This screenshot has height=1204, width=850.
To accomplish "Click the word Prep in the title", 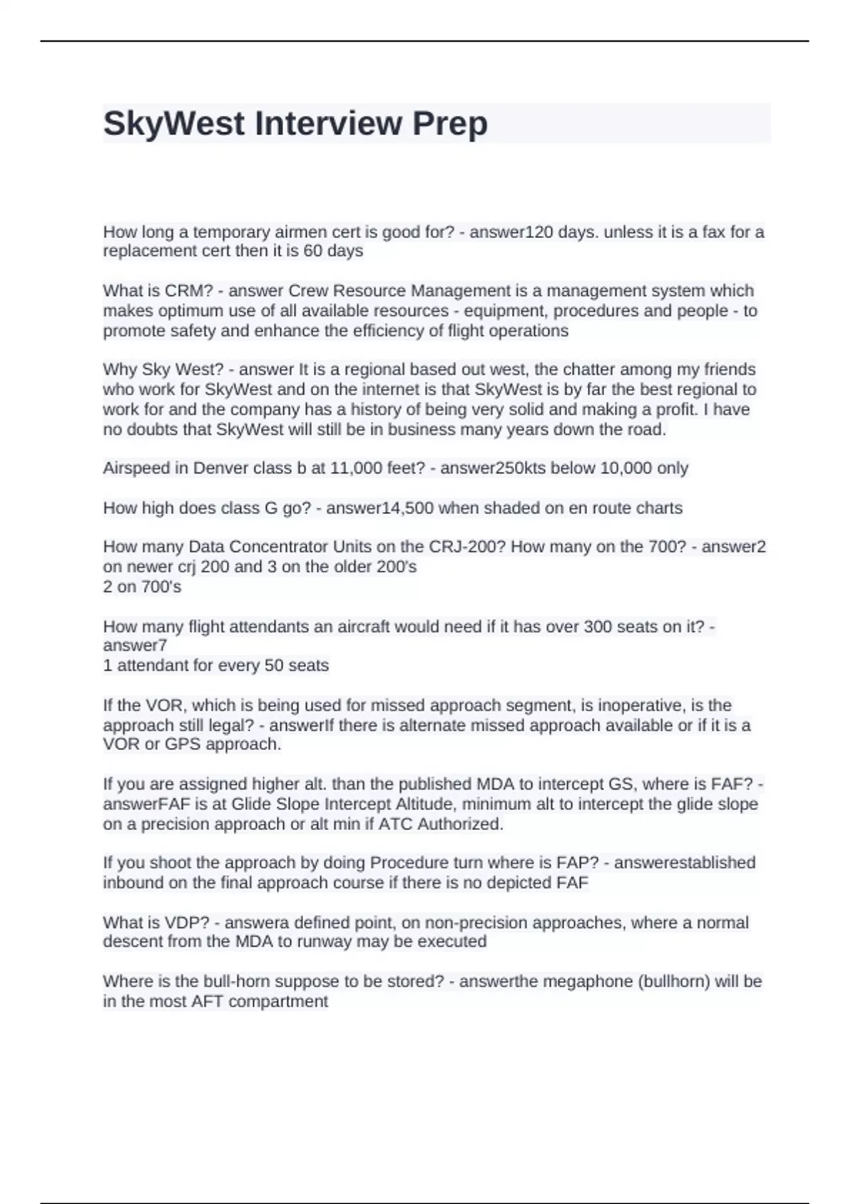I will tap(450, 124).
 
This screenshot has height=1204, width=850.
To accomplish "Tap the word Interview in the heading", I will tap(327, 124).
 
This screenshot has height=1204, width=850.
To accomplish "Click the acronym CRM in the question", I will tap(183, 291).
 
